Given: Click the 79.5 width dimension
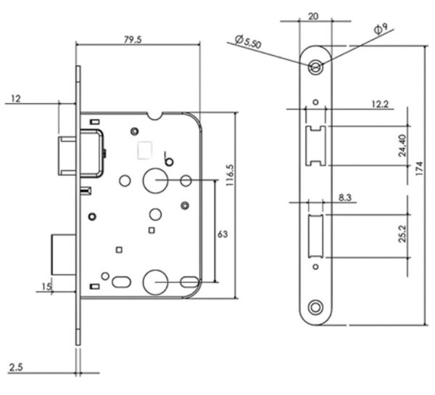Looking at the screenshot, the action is (x=133, y=40).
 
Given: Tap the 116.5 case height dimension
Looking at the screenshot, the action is (x=230, y=175).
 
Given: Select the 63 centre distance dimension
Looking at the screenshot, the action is (x=223, y=234).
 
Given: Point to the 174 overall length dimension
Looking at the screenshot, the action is (x=420, y=168).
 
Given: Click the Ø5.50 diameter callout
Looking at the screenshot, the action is (x=248, y=41).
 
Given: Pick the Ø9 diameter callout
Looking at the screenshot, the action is (x=381, y=29).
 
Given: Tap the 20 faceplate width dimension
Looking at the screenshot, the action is (x=313, y=17).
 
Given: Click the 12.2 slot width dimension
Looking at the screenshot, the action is (x=380, y=104).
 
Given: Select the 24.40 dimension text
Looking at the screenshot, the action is (x=402, y=145).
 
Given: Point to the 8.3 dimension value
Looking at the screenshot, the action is (x=345, y=197).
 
